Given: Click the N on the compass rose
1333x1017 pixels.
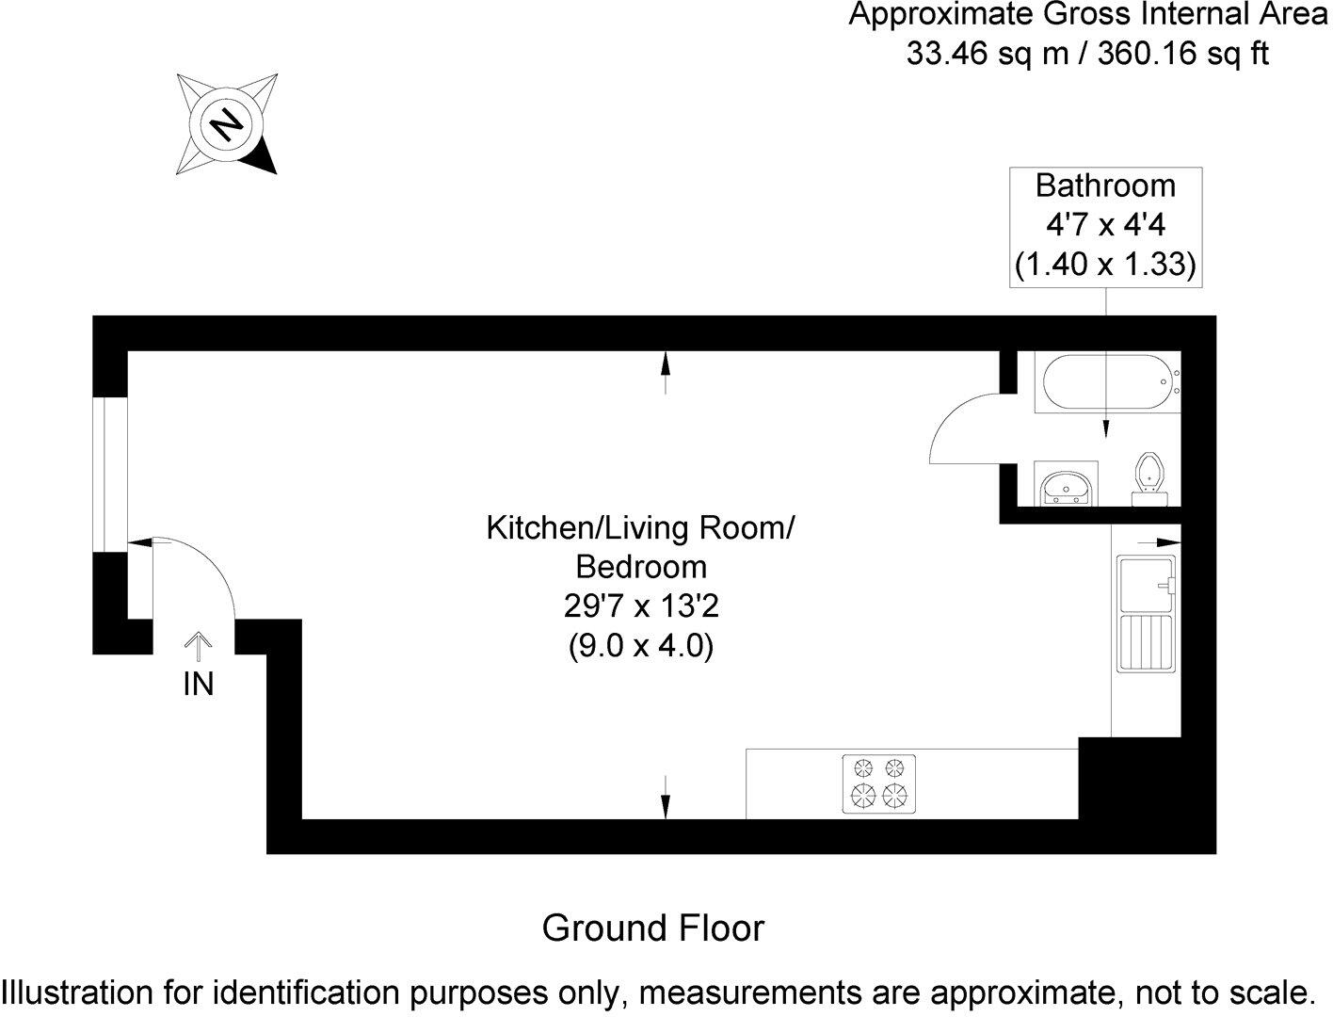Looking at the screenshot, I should pyautogui.click(x=226, y=123).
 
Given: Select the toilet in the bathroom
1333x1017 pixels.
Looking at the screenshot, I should pyautogui.click(x=1148, y=479).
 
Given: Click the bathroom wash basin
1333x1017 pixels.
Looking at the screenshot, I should pyautogui.click(x=1066, y=486).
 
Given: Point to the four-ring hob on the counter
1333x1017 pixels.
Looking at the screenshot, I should pyautogui.click(x=877, y=783).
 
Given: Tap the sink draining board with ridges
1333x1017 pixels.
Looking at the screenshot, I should pyautogui.click(x=1145, y=643).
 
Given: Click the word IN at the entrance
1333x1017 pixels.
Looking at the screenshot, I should pyautogui.click(x=198, y=685).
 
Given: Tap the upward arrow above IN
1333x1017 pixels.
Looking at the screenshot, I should pyautogui.click(x=198, y=648).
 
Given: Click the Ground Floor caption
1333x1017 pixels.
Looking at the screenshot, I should pyautogui.click(x=653, y=928).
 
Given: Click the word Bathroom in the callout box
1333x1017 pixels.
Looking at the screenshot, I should pyautogui.click(x=1105, y=185).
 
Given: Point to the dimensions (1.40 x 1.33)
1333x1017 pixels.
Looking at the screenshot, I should pyautogui.click(x=1105, y=266).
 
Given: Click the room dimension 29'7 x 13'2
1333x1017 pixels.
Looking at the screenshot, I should pyautogui.click(x=641, y=606).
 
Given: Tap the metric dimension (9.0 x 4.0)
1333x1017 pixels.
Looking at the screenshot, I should pyautogui.click(x=641, y=647).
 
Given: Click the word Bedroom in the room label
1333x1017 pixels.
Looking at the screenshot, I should pyautogui.click(x=641, y=567).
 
